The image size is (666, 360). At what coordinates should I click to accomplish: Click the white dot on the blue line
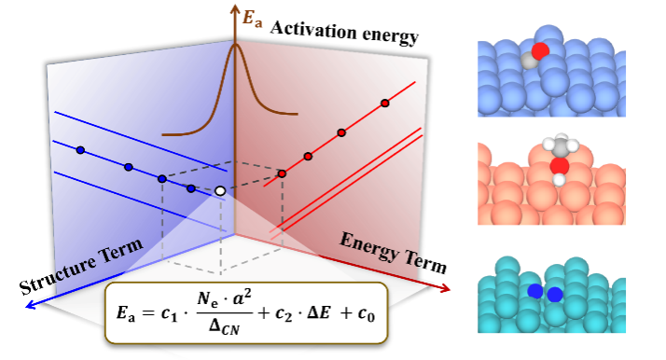coord(220,191)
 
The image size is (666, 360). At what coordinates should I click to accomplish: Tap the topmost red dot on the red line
coord(385,104)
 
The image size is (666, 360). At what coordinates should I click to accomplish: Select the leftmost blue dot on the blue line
coord(80,150)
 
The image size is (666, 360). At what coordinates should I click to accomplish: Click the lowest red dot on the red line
coord(282,173)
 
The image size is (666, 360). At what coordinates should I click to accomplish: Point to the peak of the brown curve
coord(235,45)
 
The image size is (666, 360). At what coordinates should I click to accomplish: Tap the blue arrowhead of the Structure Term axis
coord(31,304)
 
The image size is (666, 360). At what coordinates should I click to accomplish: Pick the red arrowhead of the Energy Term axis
coord(445,289)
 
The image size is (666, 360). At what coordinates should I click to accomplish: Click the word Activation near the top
coord(313,30)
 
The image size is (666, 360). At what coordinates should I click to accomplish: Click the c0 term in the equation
coord(367,314)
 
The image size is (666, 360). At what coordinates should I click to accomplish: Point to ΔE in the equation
coord(325,312)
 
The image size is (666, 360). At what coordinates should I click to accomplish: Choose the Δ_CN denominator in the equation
coord(225,326)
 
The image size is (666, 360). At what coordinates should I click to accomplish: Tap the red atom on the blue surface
coord(540,51)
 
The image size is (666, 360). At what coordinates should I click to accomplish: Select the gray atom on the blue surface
coord(529,62)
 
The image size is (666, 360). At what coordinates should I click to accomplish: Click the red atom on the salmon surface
coord(560,166)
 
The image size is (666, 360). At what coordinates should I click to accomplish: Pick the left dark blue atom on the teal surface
coord(535,291)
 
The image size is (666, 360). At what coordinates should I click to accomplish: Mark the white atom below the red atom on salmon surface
coord(560,180)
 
